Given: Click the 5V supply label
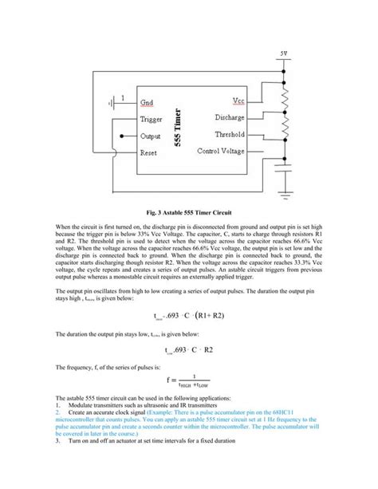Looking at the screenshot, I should (285, 53).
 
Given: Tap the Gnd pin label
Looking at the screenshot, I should (148, 102).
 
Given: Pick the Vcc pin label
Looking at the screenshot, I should (238, 101).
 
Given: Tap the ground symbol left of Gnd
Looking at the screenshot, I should (112, 102).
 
